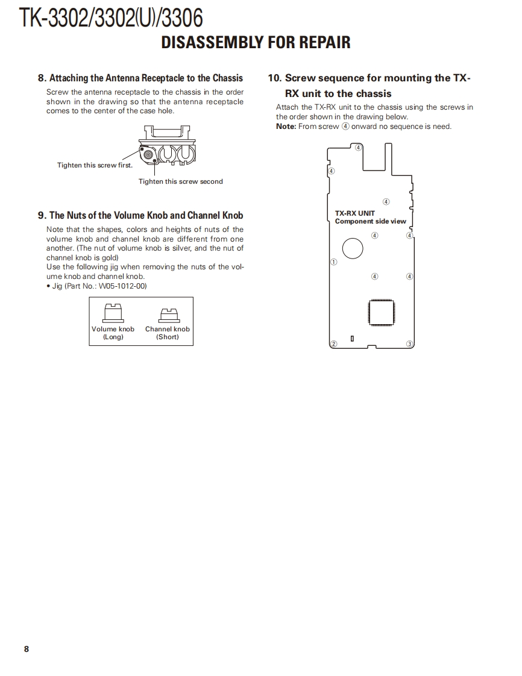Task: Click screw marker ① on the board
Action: click(333, 262)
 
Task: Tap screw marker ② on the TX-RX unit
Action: click(333, 344)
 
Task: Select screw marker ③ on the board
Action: click(409, 344)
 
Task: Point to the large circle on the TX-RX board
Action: click(353, 248)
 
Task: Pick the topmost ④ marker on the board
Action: click(358, 147)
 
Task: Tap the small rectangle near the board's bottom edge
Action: click(352, 339)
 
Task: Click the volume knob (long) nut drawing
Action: click(113, 313)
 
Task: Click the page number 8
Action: click(26, 649)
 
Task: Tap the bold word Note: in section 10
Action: click(286, 127)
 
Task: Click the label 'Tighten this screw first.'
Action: click(95, 165)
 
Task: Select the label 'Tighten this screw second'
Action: click(180, 181)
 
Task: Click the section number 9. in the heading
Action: click(42, 215)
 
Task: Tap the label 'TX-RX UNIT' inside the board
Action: click(354, 213)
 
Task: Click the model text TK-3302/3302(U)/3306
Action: click(110, 19)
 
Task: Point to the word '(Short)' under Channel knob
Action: click(167, 337)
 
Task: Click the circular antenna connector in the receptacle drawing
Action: click(148, 155)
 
